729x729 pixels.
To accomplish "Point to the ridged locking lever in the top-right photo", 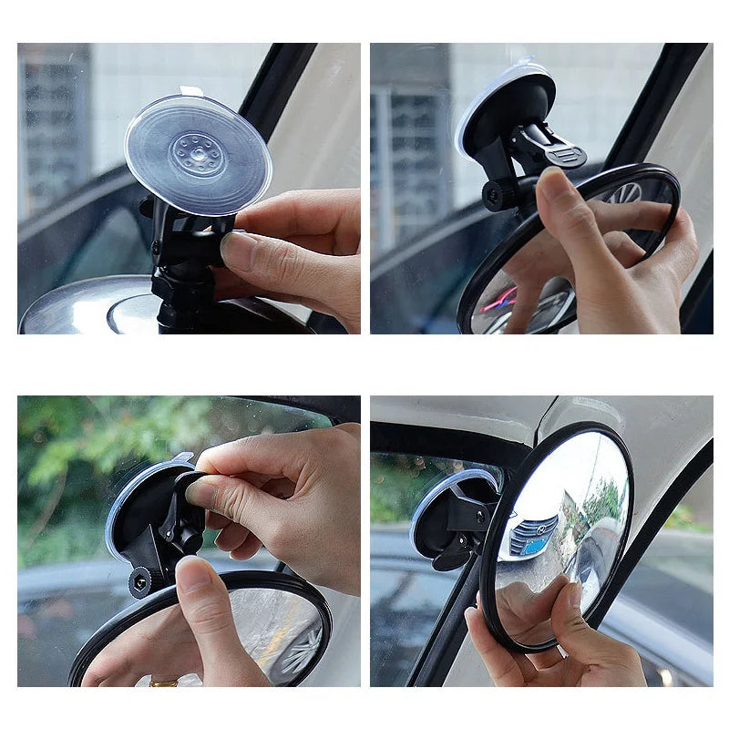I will [x=565, y=155].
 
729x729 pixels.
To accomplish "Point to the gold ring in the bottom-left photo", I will [x=165, y=681].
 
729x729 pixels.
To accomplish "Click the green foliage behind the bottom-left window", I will [x=82, y=456].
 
